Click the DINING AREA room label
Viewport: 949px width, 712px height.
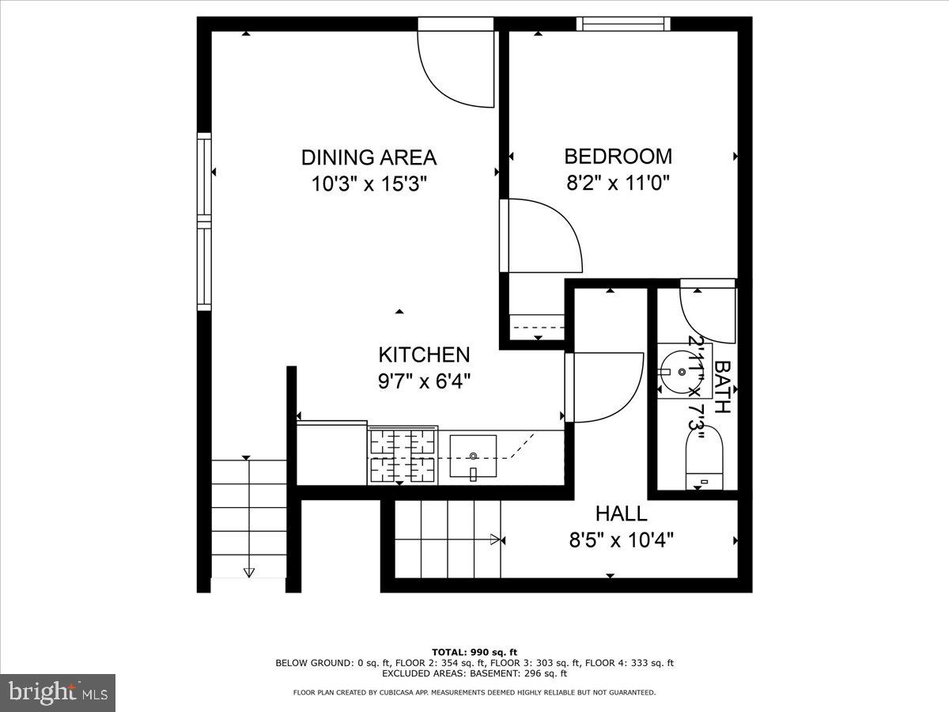[369, 157]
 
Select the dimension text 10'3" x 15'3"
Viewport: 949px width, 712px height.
[369, 184]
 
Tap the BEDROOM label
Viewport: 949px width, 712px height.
[618, 156]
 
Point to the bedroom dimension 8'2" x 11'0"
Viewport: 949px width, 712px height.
[618, 184]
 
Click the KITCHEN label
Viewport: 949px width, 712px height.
[424, 354]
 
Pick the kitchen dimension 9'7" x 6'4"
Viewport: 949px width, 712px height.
[424, 381]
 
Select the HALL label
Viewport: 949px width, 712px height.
[621, 513]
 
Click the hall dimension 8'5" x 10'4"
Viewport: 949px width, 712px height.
[621, 540]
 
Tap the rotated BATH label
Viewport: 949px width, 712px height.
[721, 388]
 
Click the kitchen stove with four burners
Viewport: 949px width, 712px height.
[403, 456]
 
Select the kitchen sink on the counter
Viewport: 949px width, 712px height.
[473, 456]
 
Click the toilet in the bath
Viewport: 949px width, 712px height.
[703, 456]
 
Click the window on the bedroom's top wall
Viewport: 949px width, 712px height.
[623, 24]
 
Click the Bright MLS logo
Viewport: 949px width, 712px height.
[58, 693]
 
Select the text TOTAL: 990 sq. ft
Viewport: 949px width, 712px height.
[475, 652]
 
